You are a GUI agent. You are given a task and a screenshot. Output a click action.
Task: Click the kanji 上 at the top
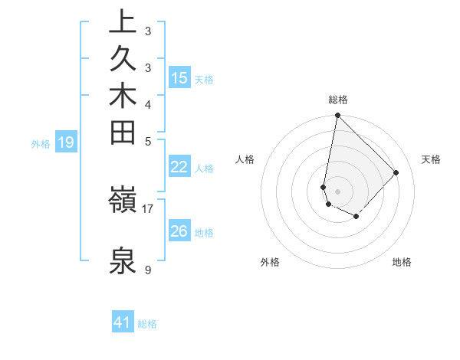point(123,23)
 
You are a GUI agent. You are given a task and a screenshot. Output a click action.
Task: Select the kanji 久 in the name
point(123,60)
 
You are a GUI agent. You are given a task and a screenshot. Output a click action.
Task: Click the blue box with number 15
point(179,78)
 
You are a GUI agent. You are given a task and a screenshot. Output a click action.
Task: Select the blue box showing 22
point(179,168)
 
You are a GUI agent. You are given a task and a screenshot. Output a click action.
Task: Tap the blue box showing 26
point(179,231)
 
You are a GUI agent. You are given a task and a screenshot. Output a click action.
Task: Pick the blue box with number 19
point(66,142)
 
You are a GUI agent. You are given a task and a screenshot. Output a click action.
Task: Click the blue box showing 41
point(123,323)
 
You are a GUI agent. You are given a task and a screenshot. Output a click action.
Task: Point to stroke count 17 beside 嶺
point(148,207)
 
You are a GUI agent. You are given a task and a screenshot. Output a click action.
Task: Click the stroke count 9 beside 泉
point(148,270)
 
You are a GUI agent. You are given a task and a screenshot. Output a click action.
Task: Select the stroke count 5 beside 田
point(148,140)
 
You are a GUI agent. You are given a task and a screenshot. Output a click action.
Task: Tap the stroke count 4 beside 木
point(148,103)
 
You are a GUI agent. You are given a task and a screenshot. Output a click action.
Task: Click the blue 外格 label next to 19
point(41,143)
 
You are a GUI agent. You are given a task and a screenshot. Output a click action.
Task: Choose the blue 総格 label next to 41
point(147,324)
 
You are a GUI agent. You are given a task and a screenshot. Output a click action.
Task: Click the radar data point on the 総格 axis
point(337,116)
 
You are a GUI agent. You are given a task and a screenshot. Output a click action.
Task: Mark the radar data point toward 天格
point(396,172)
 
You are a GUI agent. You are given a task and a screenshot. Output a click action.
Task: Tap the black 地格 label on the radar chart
point(402,262)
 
